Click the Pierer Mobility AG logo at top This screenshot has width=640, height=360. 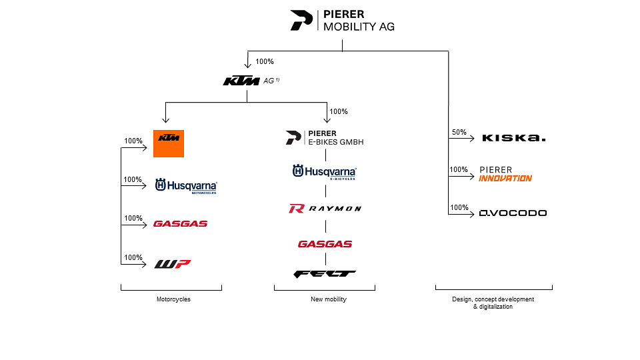[342, 21]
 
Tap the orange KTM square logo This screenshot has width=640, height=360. [168, 143]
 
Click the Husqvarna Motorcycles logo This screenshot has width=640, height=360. [186, 186]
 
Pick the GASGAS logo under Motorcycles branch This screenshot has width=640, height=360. [180, 224]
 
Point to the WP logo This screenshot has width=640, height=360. [173, 264]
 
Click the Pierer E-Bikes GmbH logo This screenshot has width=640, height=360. [325, 138]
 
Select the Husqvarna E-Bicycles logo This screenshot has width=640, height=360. [325, 173]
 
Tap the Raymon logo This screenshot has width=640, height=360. [325, 209]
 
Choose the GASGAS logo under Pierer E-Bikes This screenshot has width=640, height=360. [325, 244]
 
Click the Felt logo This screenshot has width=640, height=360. [325, 273]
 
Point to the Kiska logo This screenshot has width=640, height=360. [513, 138]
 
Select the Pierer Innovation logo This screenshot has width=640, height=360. [505, 174]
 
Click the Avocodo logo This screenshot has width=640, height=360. [513, 213]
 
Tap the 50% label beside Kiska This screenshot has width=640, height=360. [459, 133]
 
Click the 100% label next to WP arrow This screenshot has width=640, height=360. [133, 257]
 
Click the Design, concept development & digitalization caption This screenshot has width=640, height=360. [493, 303]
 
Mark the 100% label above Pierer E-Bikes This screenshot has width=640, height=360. [339, 111]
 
